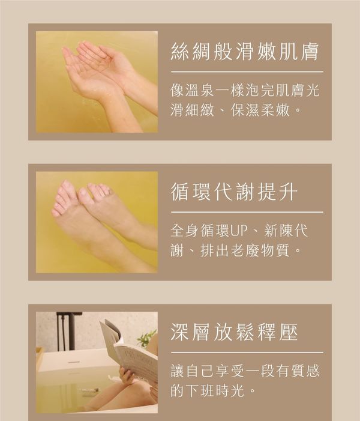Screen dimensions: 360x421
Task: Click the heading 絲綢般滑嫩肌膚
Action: tap(245, 51)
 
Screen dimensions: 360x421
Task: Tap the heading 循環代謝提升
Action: tap(234, 192)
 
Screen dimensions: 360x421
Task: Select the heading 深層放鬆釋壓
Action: tap(234, 332)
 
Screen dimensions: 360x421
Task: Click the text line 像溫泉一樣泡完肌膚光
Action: tap(245, 90)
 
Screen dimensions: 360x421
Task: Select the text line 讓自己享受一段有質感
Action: tap(245, 371)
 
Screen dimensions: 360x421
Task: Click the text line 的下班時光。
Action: tap(212, 390)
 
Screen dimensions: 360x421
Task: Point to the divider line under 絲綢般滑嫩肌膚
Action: tap(247, 72)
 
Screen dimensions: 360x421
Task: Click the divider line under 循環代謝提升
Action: tap(247, 212)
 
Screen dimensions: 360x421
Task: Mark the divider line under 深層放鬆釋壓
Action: tap(247, 353)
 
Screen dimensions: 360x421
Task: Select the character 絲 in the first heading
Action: tap(180, 51)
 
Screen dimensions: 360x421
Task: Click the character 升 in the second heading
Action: tap(288, 192)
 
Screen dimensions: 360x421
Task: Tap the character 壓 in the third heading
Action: tap(288, 332)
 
